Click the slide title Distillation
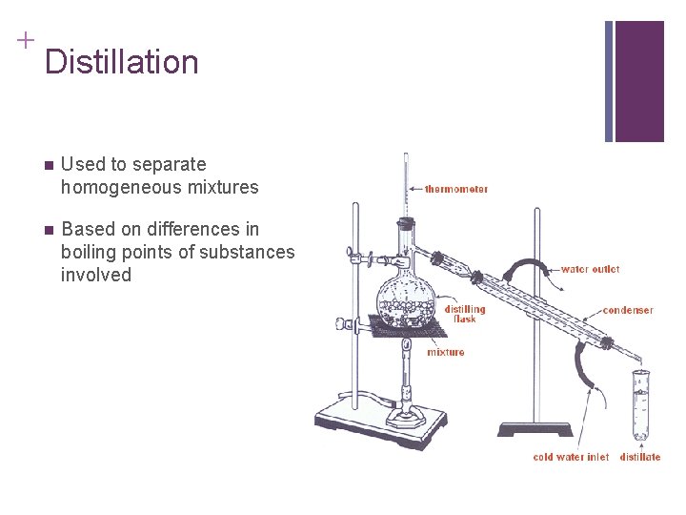pos(122,61)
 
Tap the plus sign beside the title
pos(26,40)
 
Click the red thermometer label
pos(455,189)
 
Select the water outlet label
pos(590,269)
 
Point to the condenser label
pos(628,310)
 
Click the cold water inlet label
pos(571,457)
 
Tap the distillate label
pos(640,457)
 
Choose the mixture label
pos(445,352)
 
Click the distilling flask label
pos(465,314)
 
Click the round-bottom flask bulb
pos(406,303)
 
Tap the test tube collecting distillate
pos(641,405)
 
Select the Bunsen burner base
pos(406,420)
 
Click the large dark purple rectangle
pos(639,81)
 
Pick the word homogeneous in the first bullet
pos(121,188)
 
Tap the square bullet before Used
pos(49,166)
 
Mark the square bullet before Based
pos(49,231)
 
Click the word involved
pos(96,275)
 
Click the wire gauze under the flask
pos(408,326)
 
